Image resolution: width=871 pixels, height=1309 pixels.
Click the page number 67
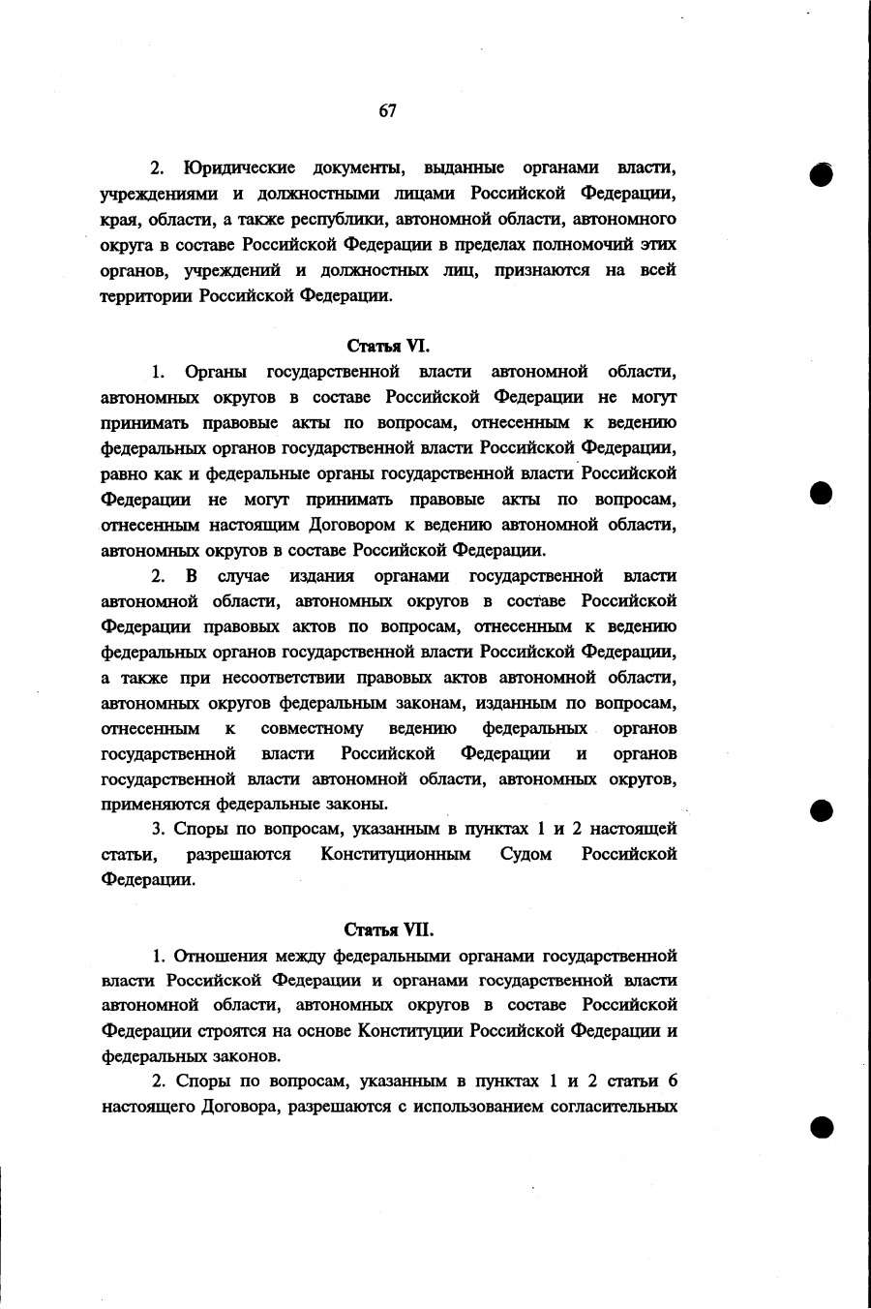pyautogui.click(x=387, y=111)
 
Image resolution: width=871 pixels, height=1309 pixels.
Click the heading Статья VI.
pyautogui.click(x=387, y=345)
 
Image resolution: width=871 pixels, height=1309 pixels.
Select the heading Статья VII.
pyautogui.click(x=389, y=929)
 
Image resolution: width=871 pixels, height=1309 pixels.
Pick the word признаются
pyautogui.click(x=543, y=270)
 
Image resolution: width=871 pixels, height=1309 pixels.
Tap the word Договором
pyautogui.click(x=357, y=525)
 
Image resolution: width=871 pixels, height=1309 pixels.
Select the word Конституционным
pyautogui.click(x=396, y=854)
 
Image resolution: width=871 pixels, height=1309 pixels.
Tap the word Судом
pyautogui.click(x=526, y=854)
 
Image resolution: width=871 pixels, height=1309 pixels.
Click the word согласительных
pyautogui.click(x=618, y=1107)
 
